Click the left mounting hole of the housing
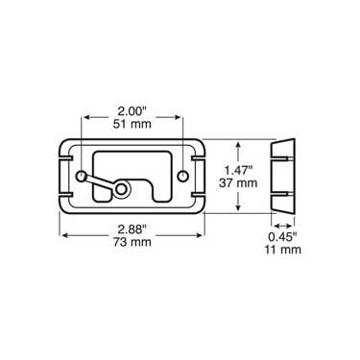84,177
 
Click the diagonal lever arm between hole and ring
104,182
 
